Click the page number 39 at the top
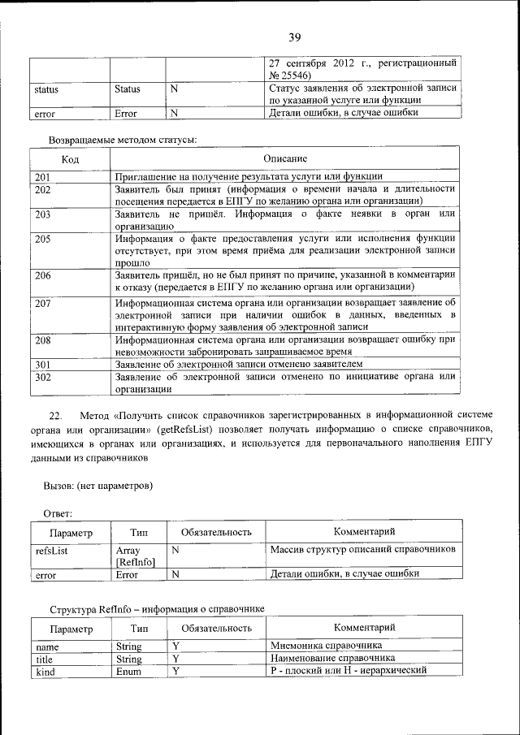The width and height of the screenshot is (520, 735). coord(294,37)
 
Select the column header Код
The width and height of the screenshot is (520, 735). coord(70,159)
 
